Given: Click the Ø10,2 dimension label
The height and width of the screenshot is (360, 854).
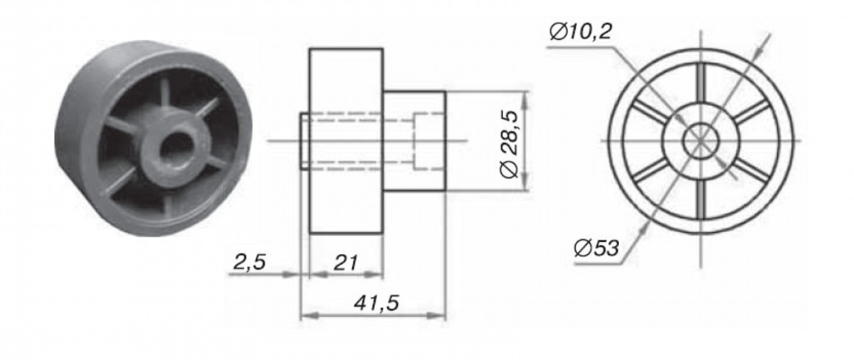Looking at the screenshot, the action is pos(580,31).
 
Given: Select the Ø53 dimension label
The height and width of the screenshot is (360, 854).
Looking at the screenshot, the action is pos(596,248).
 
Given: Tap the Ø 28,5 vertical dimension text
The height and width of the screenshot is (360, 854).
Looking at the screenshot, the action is pos(510,144).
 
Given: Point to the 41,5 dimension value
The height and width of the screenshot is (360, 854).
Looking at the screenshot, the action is pos(376,303).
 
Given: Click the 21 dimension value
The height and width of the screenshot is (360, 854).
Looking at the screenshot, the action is pos(346,263).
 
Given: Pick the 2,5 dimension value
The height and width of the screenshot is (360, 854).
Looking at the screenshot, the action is pos(249,262).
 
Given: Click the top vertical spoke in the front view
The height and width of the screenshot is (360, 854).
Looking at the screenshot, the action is pos(701,83).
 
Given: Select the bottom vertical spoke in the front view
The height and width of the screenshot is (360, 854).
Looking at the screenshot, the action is pos(701,199).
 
